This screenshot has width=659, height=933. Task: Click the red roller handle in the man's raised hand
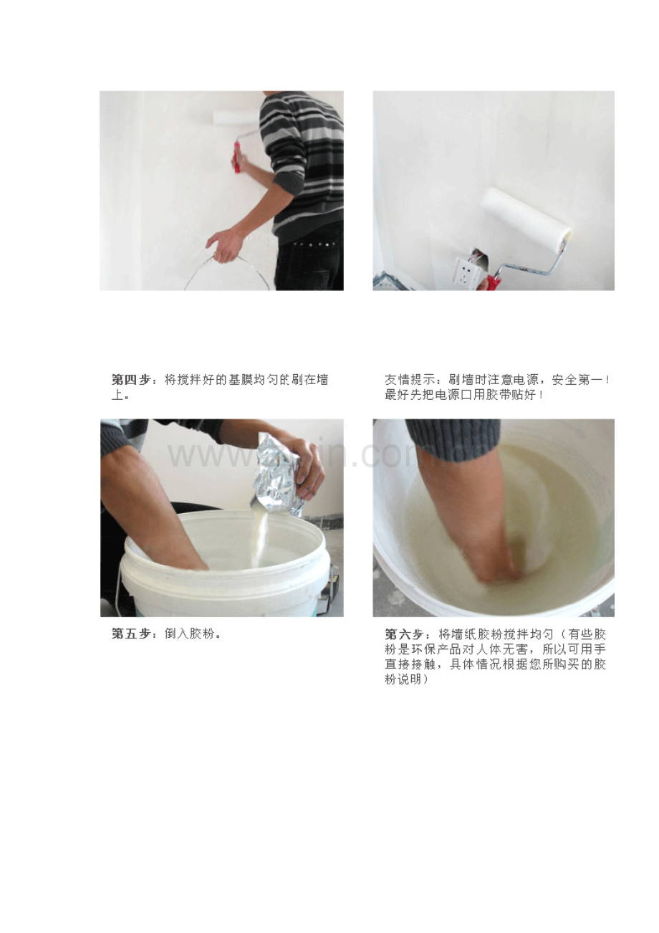point(237,158)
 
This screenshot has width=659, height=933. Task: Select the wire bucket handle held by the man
point(227,270)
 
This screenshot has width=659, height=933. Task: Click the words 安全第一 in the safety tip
point(577,380)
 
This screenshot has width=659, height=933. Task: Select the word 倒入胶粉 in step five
point(190,633)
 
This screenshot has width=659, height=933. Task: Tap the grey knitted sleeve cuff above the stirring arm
point(453,439)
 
